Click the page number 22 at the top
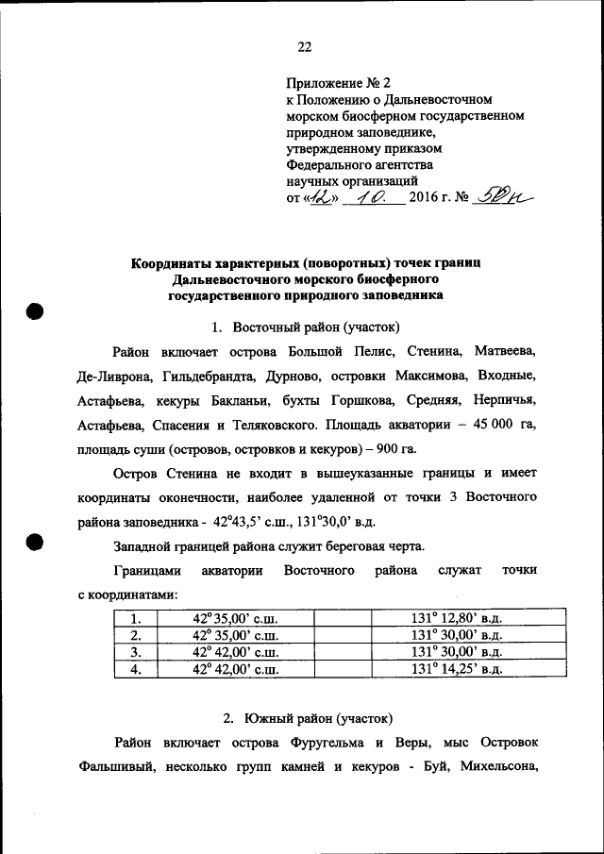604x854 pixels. click(x=304, y=47)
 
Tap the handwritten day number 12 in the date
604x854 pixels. click(x=320, y=198)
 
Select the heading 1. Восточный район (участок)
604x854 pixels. click(x=306, y=327)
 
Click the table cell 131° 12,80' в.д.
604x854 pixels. click(x=456, y=619)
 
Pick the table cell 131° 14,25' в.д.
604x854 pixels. click(x=456, y=669)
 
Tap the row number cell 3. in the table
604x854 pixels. click(x=135, y=652)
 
